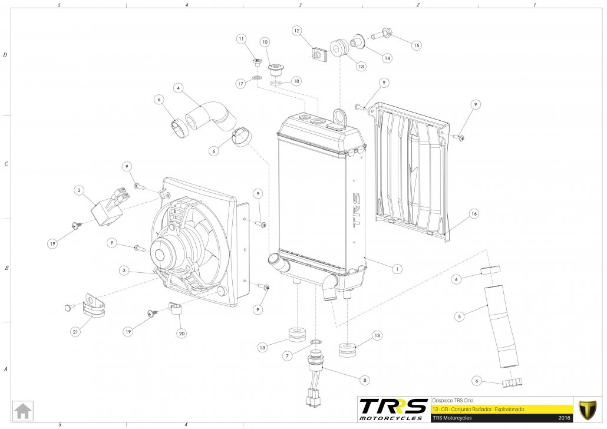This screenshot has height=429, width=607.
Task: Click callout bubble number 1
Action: (x=398, y=268)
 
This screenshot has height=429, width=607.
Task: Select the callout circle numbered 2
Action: (x=78, y=190)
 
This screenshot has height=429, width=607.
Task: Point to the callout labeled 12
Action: (x=296, y=30)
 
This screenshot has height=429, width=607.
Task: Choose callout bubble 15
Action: (x=417, y=45)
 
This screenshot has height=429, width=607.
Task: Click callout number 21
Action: (x=75, y=332)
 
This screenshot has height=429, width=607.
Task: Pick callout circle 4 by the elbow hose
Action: (x=177, y=88)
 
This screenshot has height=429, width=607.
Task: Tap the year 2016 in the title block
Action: (x=563, y=418)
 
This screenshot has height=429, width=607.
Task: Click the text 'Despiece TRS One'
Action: (x=453, y=398)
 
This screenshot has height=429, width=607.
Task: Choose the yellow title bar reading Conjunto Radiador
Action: (x=501, y=408)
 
